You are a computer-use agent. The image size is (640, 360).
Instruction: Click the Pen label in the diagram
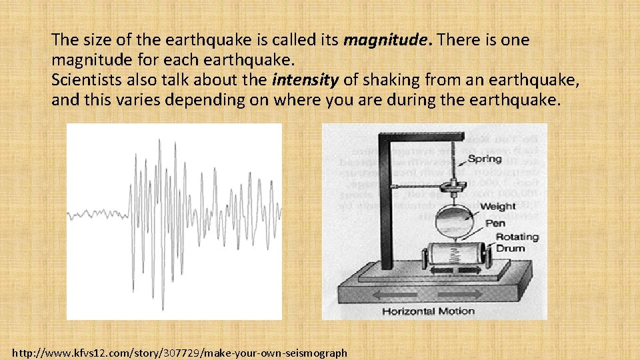tap(495, 223)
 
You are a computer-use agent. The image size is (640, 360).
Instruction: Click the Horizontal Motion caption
tap(429, 311)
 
